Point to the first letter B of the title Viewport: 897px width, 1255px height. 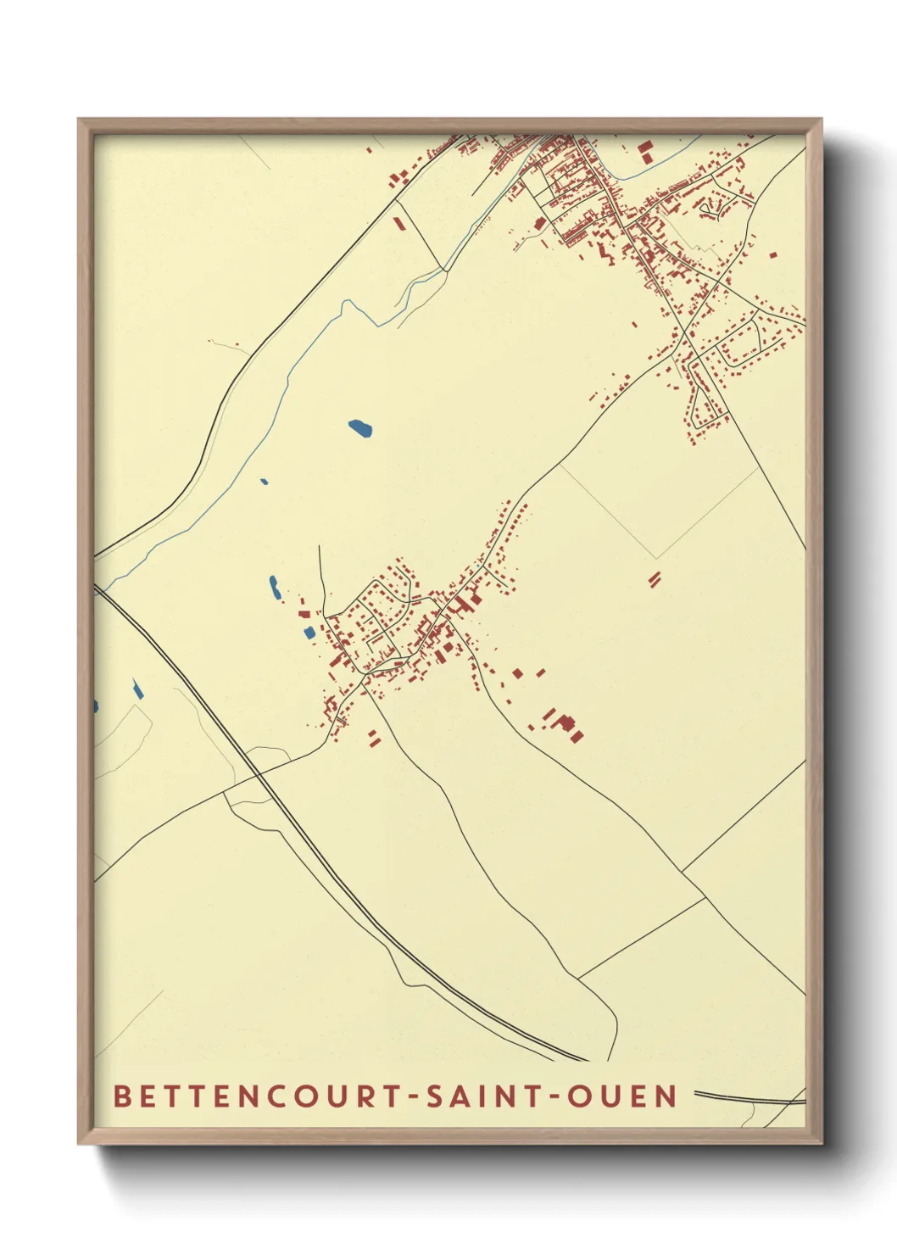coord(121,1096)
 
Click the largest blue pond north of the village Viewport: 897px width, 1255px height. coord(360,428)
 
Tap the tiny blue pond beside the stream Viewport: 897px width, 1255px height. coord(264,482)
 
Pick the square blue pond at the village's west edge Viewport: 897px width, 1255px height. coord(309,633)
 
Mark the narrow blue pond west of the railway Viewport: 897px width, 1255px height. coord(137,689)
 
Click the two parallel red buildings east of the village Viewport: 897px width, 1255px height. coord(654,578)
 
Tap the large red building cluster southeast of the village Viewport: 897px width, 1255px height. coord(565,726)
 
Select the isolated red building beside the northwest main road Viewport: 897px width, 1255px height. coord(398,224)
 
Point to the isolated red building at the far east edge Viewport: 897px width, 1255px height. coord(772,254)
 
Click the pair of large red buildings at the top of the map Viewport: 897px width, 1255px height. coord(646,152)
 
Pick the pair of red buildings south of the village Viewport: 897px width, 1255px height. coord(373,738)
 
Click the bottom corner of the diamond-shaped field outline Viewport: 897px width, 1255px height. coord(656,558)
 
